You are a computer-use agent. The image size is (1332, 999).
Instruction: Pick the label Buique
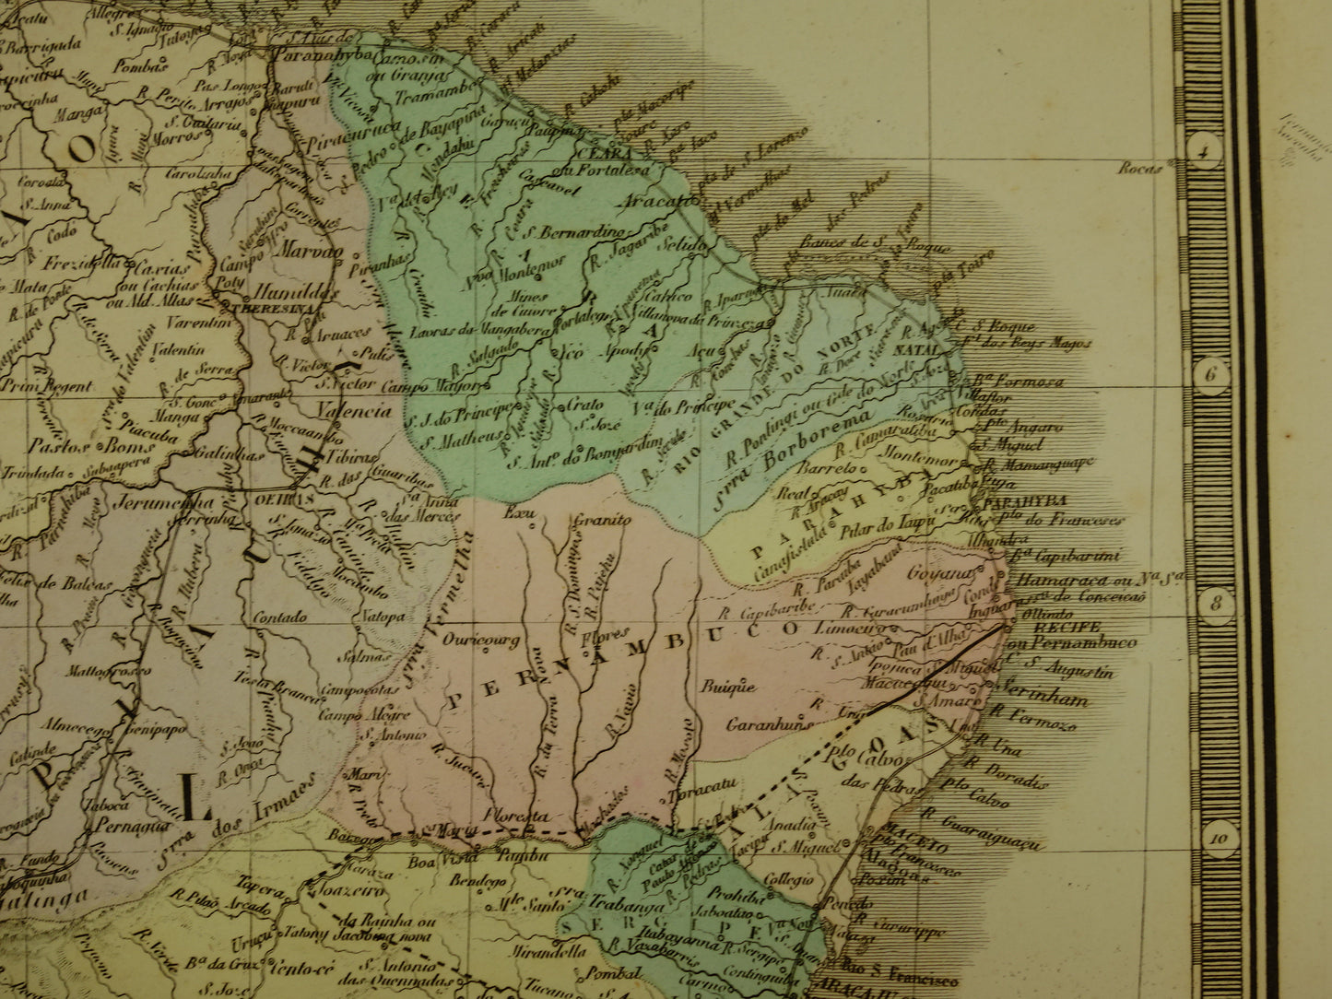(728, 687)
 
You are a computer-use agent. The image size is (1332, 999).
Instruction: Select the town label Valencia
(354, 412)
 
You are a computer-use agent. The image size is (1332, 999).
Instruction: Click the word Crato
(581, 405)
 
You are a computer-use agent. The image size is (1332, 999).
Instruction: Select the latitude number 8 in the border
(1215, 605)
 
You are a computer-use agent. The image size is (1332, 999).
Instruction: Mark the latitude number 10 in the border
(1220, 838)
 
